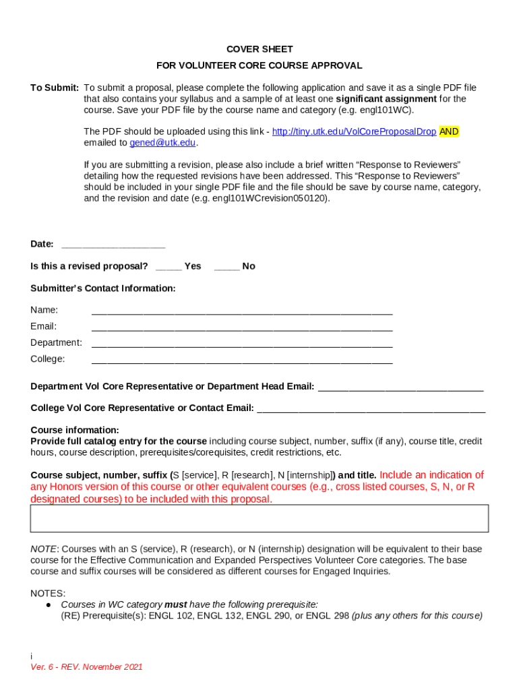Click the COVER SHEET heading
tap(259, 49)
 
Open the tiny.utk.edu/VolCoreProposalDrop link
tap(354, 132)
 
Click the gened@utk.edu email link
tap(162, 143)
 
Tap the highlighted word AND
tap(449, 132)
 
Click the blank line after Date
tap(113, 245)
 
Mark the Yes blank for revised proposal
tap(169, 267)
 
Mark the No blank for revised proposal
tap(226, 267)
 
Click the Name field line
tap(241, 311)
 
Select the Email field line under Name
tap(241, 327)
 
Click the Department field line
tap(241, 344)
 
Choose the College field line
tap(241, 360)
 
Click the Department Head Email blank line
tap(400, 387)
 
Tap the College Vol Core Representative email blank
tap(371, 409)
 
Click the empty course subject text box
tap(259, 518)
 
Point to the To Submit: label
tap(55, 88)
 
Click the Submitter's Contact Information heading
tap(103, 288)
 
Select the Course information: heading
tap(75, 430)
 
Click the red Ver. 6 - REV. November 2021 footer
tap(86, 667)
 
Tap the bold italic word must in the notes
tap(176, 604)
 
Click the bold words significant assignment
tap(386, 99)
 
